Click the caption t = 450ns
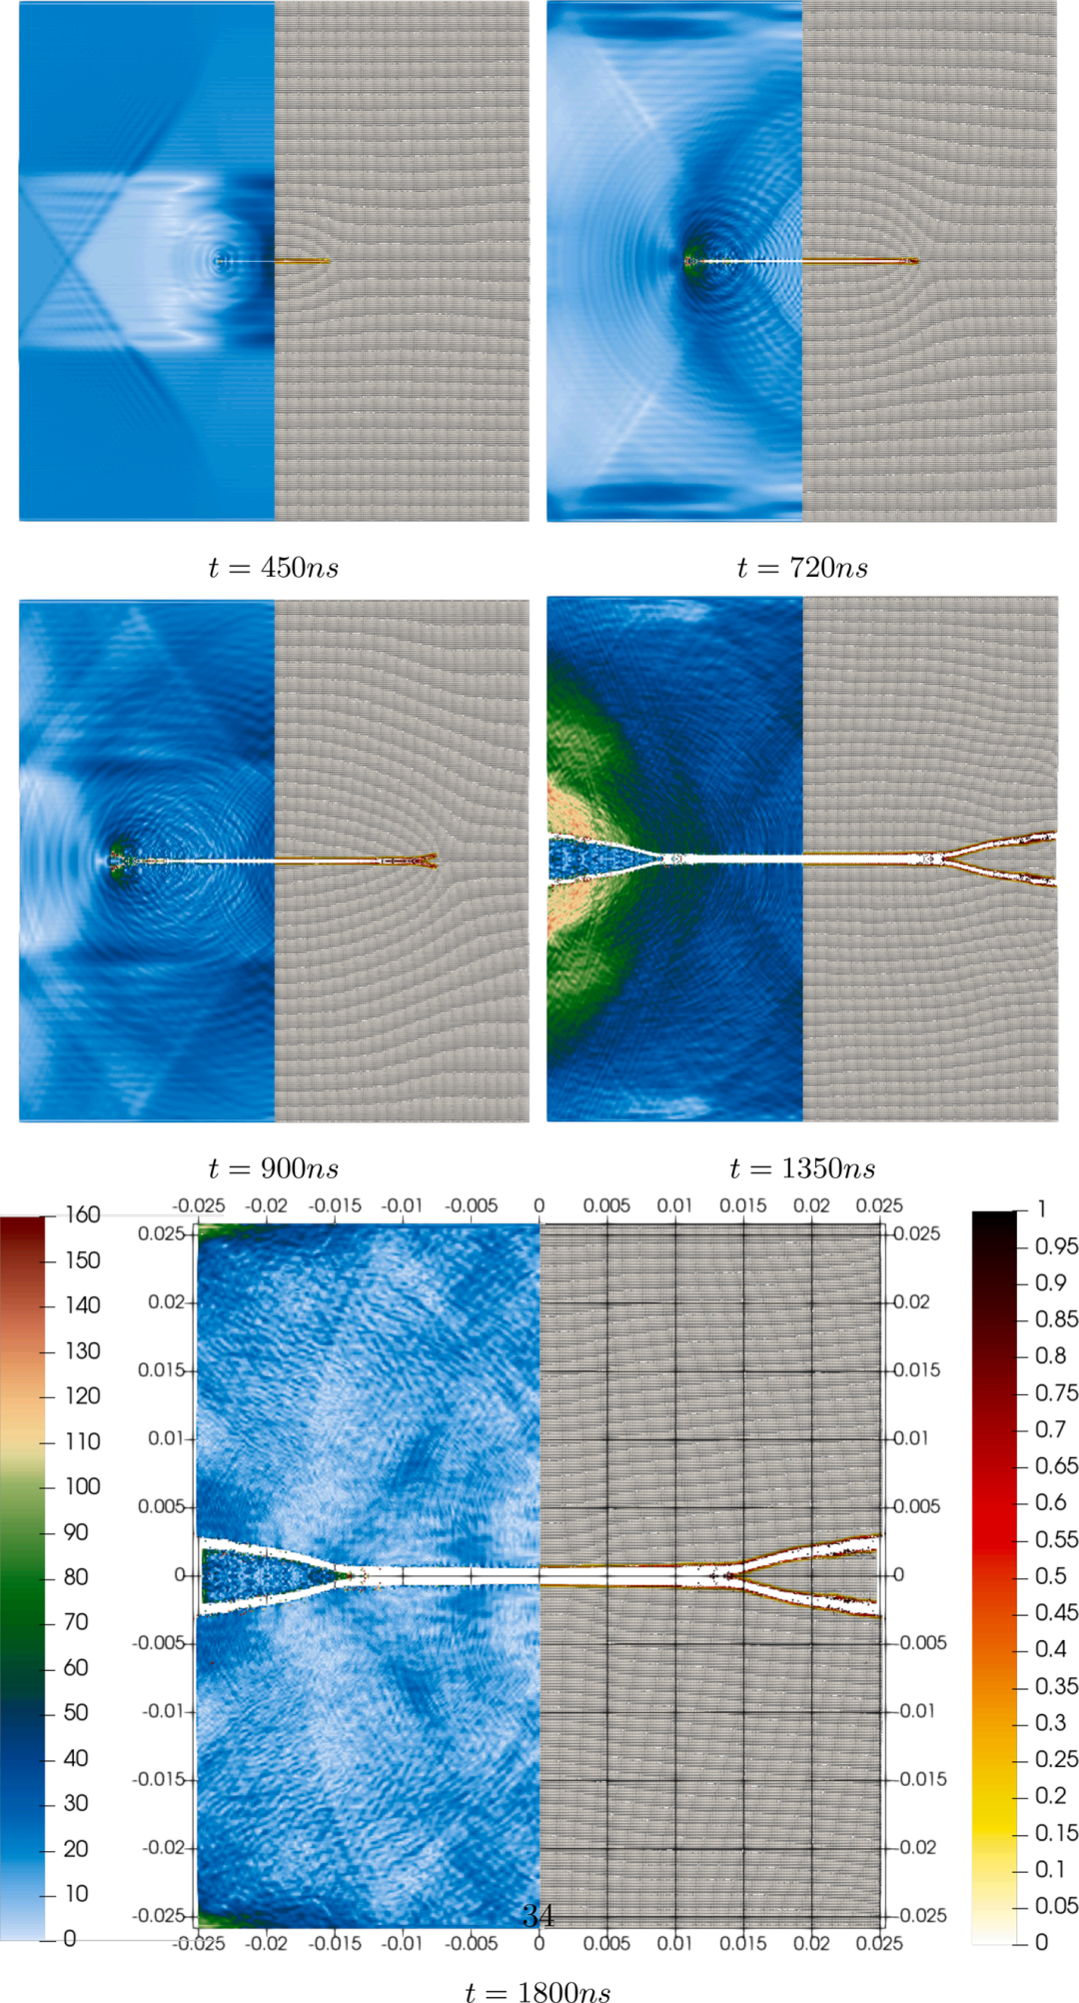(274, 568)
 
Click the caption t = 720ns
(802, 568)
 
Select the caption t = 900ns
(274, 1168)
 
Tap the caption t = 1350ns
(802, 1168)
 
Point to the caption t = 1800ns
(538, 1993)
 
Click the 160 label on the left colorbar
(83, 1214)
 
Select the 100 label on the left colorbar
(83, 1486)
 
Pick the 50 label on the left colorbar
(76, 1712)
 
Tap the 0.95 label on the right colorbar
(1056, 1246)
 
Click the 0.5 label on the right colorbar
(1051, 1575)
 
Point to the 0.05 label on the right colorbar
(1056, 1905)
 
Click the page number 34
(538, 1915)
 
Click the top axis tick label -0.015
(335, 1205)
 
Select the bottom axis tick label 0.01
(674, 1943)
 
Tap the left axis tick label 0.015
(162, 1369)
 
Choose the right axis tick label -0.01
(917, 1711)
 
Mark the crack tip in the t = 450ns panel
(328, 262)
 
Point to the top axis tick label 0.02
(811, 1205)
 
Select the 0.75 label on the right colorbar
(1056, 1392)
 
